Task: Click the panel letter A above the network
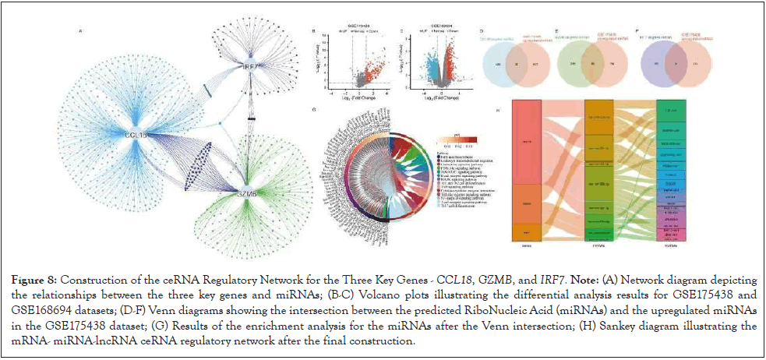point(81,32)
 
